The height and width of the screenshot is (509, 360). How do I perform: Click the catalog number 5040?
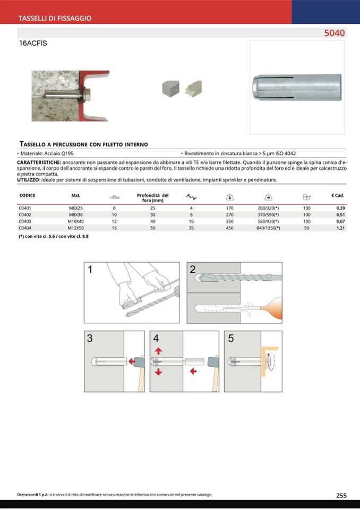335,33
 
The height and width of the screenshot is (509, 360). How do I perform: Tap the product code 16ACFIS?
33,44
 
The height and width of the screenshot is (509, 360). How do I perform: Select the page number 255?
341,495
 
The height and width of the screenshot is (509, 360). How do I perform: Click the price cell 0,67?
340,221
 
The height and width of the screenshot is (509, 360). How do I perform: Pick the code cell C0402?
25,215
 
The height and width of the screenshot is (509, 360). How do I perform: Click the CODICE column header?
27,195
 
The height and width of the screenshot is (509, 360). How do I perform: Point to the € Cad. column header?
338,195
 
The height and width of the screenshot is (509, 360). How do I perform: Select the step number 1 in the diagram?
90,270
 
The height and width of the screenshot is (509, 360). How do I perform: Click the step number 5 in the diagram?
230,338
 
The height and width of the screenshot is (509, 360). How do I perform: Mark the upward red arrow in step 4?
158,351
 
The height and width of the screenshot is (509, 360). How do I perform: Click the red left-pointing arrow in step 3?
131,361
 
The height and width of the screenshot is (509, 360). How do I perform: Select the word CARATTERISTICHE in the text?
39,161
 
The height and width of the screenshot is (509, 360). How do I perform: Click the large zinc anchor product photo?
296,87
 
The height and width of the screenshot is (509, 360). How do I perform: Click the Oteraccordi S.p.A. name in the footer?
32,495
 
